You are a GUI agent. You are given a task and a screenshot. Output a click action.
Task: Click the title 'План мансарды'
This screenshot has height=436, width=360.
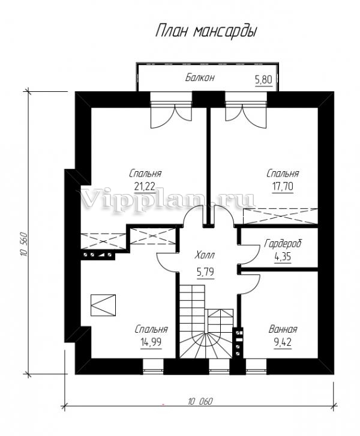click(x=206, y=31)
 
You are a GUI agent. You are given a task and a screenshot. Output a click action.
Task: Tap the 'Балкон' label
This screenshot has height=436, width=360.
click(x=200, y=77)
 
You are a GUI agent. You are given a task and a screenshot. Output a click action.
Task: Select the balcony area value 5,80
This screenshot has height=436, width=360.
click(x=263, y=80)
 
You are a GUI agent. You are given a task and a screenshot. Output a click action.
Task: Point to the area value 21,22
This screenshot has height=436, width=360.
click(x=145, y=187)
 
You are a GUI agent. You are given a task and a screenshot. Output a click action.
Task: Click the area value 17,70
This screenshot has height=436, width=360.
click(x=283, y=187)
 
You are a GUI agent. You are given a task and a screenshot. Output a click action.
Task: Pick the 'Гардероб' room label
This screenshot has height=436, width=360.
click(x=283, y=244)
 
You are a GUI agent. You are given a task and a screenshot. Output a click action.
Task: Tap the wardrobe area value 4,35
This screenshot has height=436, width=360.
click(x=283, y=256)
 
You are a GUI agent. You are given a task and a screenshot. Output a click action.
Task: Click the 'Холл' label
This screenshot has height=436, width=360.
click(x=205, y=255)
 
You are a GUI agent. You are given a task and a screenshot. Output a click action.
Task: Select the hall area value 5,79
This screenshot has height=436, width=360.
click(x=205, y=272)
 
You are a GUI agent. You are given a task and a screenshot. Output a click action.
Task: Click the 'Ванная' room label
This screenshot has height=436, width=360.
click(x=283, y=329)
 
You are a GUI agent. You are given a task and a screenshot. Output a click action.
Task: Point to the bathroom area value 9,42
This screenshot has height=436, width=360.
click(x=283, y=342)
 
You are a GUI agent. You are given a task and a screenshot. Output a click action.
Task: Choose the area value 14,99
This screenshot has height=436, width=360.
click(x=151, y=342)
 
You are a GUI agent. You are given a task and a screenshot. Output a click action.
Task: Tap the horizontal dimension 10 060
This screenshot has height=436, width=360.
click(x=200, y=402)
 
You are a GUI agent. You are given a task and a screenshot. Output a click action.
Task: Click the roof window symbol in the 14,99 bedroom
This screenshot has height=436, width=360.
click(x=103, y=305)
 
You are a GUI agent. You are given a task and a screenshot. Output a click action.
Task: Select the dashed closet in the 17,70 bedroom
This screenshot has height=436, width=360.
click(x=281, y=216)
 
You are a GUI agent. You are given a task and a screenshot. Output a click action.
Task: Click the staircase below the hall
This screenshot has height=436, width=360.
click(x=206, y=322)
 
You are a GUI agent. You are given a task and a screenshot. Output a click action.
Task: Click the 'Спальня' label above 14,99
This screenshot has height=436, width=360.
click(x=151, y=329)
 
